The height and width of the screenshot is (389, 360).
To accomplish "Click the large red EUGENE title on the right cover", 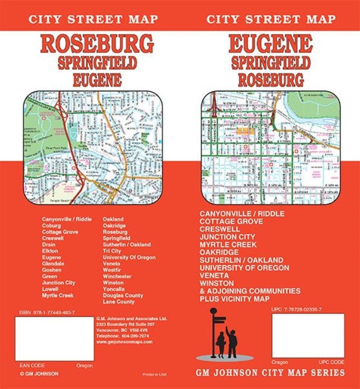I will point(270,44).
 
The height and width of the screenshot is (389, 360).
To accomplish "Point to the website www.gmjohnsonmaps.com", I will point(124,342).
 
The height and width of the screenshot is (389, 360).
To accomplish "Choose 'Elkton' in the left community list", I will point(49,251).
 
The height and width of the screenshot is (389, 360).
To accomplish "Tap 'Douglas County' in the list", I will point(123,295).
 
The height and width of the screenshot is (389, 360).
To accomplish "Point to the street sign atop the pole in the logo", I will point(220,319).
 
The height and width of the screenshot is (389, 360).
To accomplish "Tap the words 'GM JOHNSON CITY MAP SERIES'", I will point(270,373).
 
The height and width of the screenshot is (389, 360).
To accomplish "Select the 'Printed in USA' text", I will point(154,374).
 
